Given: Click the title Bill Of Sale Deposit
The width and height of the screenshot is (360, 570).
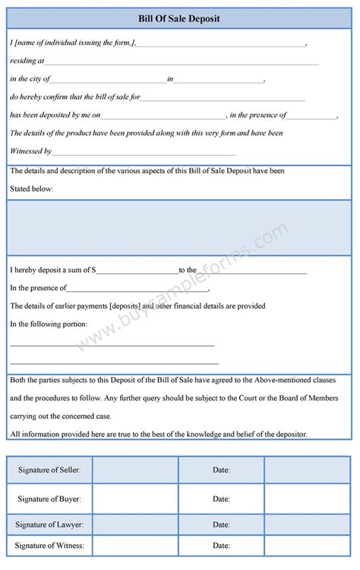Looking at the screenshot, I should click(x=179, y=18).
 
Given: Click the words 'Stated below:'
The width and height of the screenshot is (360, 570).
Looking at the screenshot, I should click(x=31, y=189).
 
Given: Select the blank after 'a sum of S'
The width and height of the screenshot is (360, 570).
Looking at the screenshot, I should click(x=137, y=271).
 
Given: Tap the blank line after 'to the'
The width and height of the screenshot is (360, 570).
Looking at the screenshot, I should click(x=251, y=271).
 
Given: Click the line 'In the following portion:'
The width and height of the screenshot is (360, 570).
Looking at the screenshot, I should click(x=49, y=325).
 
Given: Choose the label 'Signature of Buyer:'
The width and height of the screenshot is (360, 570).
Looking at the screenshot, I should click(x=49, y=499).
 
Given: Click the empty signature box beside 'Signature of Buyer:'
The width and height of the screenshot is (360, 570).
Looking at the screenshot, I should click(x=135, y=499).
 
